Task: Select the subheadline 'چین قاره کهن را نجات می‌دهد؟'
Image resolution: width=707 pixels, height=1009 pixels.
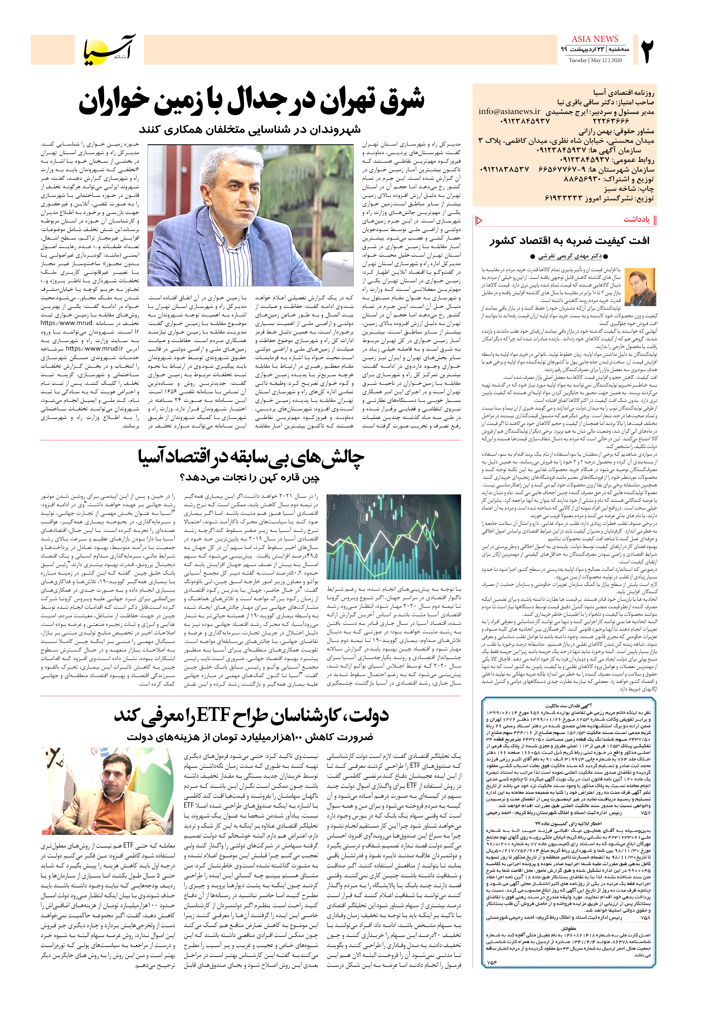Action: pos(250,477)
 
